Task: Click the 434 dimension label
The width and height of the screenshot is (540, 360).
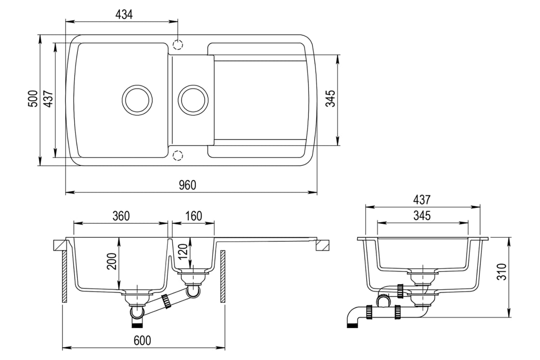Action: (124, 15)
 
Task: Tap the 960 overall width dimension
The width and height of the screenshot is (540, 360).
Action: (188, 185)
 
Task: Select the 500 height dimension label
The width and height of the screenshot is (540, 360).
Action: (33, 99)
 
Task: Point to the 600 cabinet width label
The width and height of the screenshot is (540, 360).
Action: (142, 340)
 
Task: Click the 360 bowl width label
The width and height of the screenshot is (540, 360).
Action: (121, 216)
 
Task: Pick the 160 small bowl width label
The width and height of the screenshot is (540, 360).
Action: (194, 216)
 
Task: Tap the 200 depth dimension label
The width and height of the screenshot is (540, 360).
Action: (112, 261)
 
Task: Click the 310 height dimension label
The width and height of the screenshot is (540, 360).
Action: (502, 272)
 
